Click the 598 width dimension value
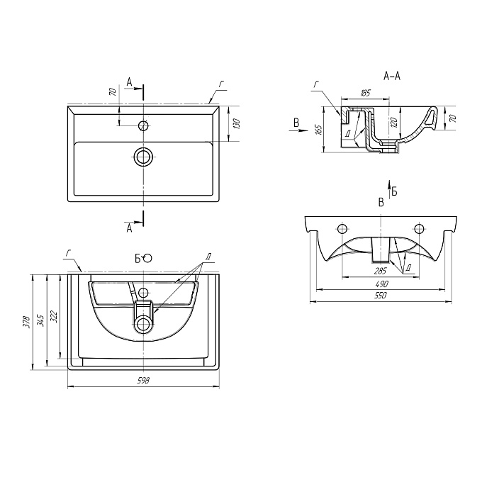pyautogui.click(x=143, y=381)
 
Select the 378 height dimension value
pyautogui.click(x=27, y=322)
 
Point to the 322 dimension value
pyautogui.click(x=54, y=317)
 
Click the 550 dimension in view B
pyautogui.click(x=380, y=296)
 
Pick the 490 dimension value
pyautogui.click(x=381, y=284)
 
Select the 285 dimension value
pyautogui.click(x=380, y=271)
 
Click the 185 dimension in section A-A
pyautogui.click(x=365, y=93)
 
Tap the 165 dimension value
pyautogui.click(x=318, y=130)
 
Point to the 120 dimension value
pyautogui.click(x=395, y=122)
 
